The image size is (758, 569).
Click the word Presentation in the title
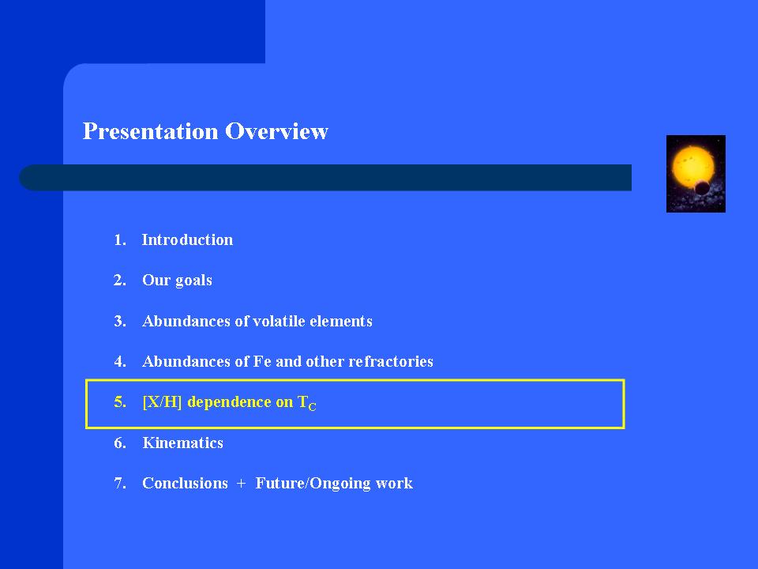(x=150, y=131)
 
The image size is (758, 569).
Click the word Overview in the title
(x=276, y=131)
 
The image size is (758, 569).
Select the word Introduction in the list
(x=187, y=239)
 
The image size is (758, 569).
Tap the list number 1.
(x=120, y=240)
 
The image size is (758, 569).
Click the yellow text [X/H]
(x=162, y=402)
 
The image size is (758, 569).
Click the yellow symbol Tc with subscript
(x=306, y=403)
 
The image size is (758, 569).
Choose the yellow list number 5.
(x=120, y=402)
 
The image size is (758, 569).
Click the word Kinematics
(x=182, y=443)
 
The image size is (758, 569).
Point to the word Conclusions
(x=185, y=483)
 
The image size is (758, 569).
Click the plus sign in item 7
(x=242, y=484)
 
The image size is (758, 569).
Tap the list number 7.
(x=120, y=484)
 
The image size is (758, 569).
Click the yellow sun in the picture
(x=692, y=166)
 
